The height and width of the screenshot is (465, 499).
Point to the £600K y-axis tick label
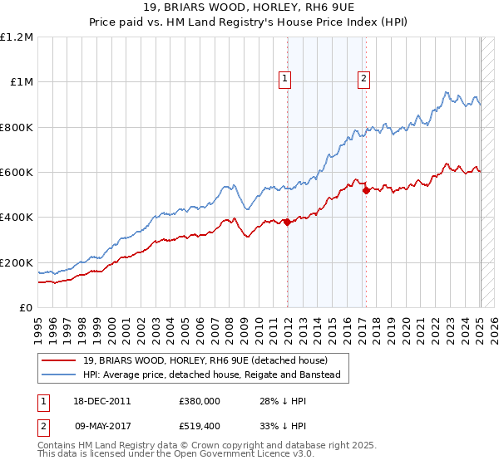pos(17,173)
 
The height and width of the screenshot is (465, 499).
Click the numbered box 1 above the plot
pos(284,79)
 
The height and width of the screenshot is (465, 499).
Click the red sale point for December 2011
pos(288,222)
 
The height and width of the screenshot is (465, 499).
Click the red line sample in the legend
pos(59,360)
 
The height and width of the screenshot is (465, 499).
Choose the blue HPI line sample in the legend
pos(59,374)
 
